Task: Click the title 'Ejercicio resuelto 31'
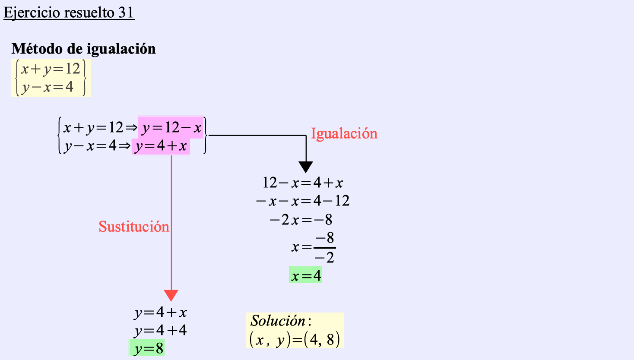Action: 69,13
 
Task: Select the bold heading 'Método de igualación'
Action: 84,49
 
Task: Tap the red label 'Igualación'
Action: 344,133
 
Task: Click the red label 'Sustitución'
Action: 134,227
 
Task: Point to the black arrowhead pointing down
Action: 306,167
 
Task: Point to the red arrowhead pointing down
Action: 171,295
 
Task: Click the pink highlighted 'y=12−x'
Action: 171,127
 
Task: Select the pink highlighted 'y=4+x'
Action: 161,146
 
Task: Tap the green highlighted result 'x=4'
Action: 306,275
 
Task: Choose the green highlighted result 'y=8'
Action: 148,348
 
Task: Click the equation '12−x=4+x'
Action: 303,183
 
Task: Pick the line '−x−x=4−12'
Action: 303,201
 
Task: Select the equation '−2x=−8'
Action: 301,220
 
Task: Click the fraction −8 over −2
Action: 325,248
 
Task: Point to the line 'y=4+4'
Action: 160,331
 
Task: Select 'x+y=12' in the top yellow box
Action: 51,69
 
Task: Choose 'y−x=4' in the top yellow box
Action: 48,87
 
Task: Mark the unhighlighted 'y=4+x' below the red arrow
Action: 160,313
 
